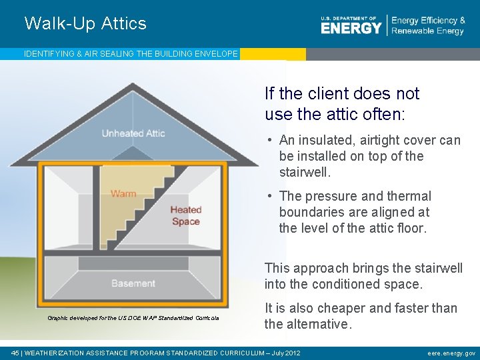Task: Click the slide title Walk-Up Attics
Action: coord(85,23)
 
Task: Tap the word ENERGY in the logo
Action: coord(351,27)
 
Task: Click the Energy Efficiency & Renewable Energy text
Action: coord(428,26)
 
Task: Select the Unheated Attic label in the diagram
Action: coord(133,133)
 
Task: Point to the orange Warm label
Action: coord(123,194)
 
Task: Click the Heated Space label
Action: coord(186,216)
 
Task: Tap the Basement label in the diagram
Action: coord(133,283)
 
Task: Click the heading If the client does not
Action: coord(342,93)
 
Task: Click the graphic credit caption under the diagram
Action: coord(133,317)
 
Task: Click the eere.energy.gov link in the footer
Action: coord(451,353)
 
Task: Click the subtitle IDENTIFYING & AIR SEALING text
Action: coord(131,54)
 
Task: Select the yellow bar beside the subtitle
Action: coord(273,54)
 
